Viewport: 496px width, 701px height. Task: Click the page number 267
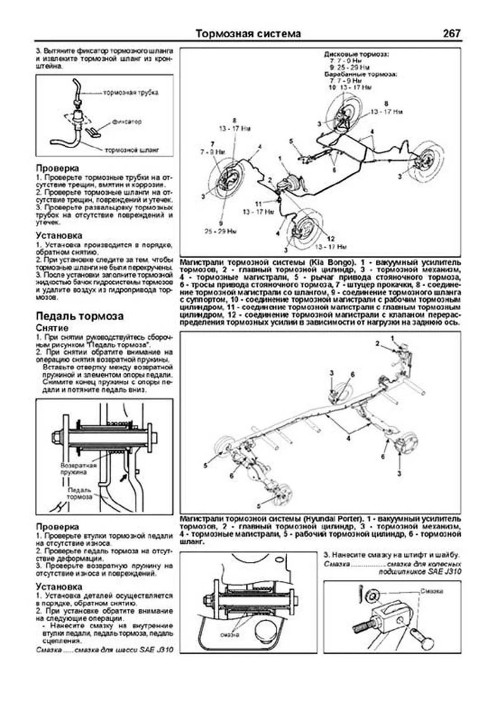click(x=451, y=34)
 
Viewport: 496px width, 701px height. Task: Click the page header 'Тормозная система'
click(x=248, y=34)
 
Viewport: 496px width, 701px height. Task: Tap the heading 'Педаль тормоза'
click(x=79, y=316)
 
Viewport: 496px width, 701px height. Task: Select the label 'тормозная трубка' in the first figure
click(x=130, y=93)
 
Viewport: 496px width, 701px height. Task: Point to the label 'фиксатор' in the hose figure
click(x=126, y=122)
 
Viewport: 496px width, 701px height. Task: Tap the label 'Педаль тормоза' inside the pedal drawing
click(x=79, y=493)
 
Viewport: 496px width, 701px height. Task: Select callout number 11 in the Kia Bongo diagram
click(x=258, y=204)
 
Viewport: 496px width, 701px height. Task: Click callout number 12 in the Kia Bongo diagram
click(x=331, y=239)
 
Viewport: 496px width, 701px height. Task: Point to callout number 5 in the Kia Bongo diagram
click(x=291, y=141)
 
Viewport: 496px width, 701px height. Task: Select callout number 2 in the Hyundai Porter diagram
click(x=377, y=343)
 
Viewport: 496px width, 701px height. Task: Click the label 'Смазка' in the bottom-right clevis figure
click(x=432, y=592)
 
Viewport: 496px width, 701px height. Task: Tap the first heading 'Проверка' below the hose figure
click(x=57, y=169)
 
